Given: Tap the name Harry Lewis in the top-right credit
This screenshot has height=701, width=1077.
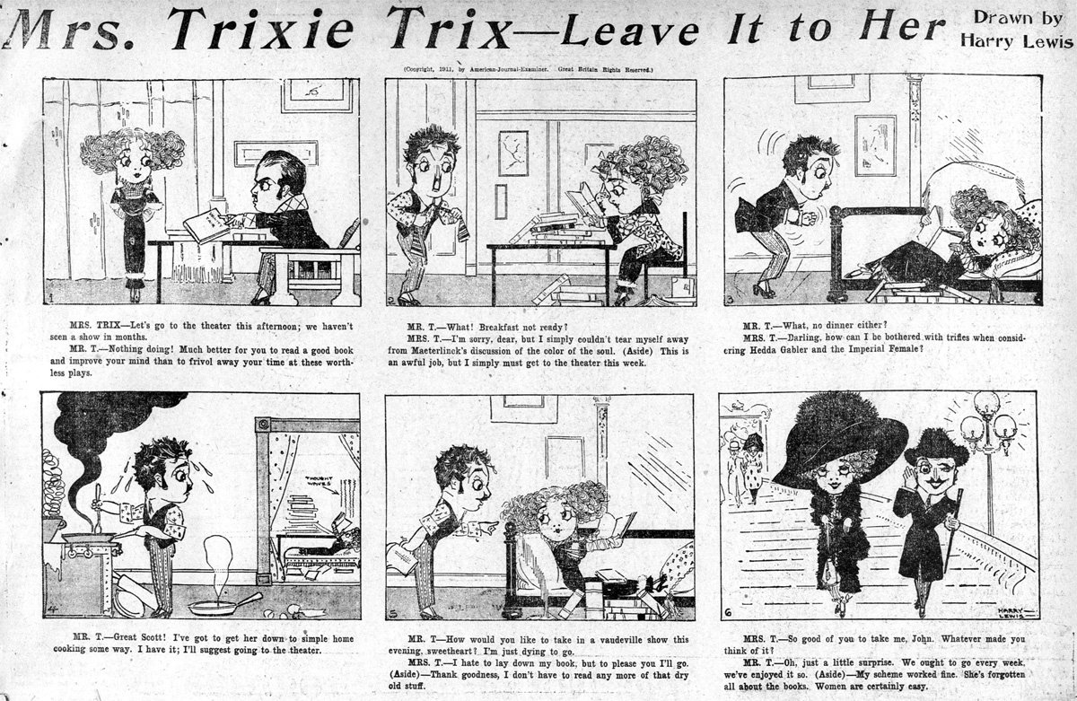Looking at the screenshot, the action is click(x=1017, y=42).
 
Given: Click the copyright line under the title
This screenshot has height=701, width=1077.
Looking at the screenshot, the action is click(x=528, y=69).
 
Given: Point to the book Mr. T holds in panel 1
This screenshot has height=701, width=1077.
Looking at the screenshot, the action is click(x=206, y=225).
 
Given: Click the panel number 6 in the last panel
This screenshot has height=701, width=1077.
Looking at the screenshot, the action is click(x=728, y=612).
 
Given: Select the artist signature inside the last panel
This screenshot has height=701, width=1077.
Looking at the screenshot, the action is click(x=1012, y=612).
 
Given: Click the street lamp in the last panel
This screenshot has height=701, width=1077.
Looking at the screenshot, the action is click(x=988, y=457).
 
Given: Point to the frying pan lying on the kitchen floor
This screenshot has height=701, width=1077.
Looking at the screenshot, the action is click(x=225, y=605).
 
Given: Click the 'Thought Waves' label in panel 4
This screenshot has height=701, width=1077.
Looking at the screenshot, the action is click(x=318, y=480).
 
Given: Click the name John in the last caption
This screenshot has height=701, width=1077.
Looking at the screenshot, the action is click(x=921, y=639).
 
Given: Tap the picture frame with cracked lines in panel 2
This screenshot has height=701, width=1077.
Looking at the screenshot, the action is click(x=513, y=153).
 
